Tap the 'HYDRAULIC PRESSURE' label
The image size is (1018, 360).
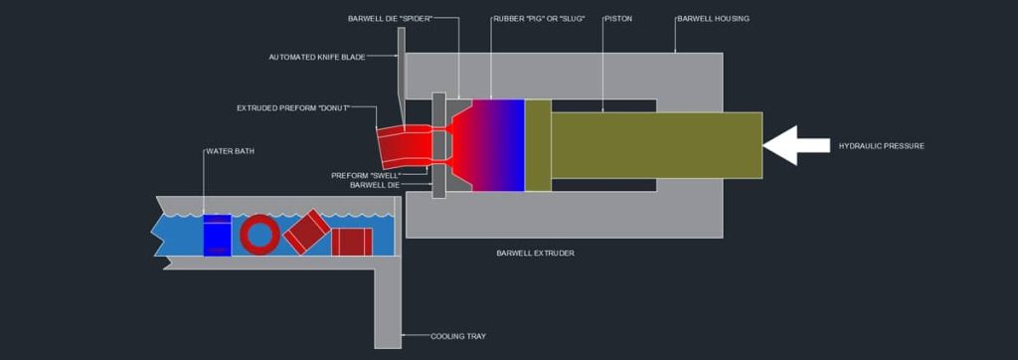coord(881,146)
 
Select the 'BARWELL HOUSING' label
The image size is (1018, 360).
coord(713,19)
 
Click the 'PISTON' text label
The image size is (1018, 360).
coord(617,19)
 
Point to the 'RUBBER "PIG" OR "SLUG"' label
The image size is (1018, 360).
coord(539,19)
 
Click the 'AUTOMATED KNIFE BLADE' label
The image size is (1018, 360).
coord(315,57)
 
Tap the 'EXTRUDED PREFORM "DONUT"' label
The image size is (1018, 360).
coord(293,107)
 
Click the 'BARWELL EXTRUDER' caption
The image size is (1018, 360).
coord(535,253)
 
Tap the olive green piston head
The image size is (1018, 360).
coord(538,145)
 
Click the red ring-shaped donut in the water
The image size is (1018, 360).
coord(260,235)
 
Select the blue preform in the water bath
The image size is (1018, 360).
coord(217,236)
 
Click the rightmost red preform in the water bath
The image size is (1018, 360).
coord(351,242)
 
